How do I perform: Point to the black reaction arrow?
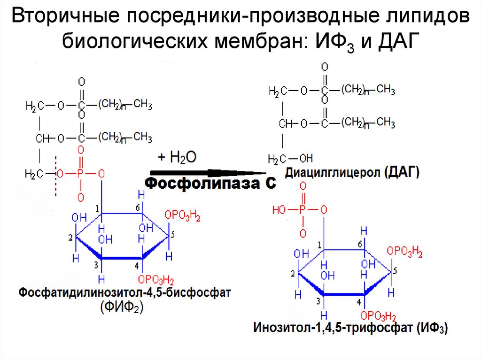tap(207, 171)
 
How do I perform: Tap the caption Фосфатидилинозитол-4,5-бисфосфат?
tap(125, 293)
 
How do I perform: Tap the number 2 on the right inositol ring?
tap(292, 274)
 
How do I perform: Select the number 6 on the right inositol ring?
tap(359, 245)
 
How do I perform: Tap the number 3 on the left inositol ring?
tap(95, 265)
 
